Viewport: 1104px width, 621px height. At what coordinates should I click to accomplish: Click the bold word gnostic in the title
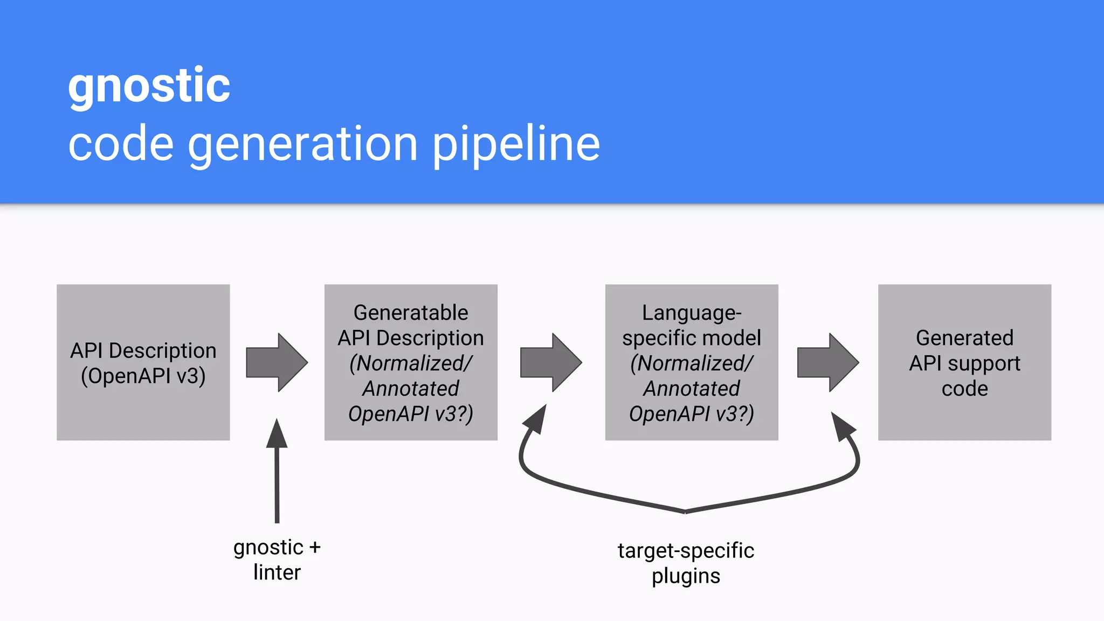[149, 86]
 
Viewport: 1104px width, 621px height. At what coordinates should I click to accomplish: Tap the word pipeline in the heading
[516, 144]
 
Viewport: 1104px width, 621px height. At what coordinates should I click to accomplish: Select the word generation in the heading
[302, 144]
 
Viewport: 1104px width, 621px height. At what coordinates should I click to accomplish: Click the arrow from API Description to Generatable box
[277, 362]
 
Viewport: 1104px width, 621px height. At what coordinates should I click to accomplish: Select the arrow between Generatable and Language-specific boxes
[550, 362]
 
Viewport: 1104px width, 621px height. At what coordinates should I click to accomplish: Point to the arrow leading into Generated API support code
[827, 362]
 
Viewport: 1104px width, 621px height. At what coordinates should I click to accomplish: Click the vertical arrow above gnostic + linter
[277, 469]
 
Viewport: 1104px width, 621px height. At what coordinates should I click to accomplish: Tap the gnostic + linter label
[277, 560]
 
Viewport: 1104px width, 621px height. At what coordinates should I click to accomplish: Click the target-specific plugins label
[686, 563]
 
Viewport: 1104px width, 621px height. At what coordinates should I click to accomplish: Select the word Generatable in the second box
[411, 313]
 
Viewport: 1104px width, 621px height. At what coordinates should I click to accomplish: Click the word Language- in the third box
[692, 313]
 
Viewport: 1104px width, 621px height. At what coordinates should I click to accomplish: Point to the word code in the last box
[964, 389]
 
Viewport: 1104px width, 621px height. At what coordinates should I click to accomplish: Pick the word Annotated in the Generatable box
[411, 389]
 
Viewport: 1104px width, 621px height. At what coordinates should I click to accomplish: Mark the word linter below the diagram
[277, 572]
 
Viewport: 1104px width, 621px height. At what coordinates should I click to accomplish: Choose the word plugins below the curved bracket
[686, 576]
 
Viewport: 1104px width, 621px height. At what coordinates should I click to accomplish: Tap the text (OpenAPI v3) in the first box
[143, 376]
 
